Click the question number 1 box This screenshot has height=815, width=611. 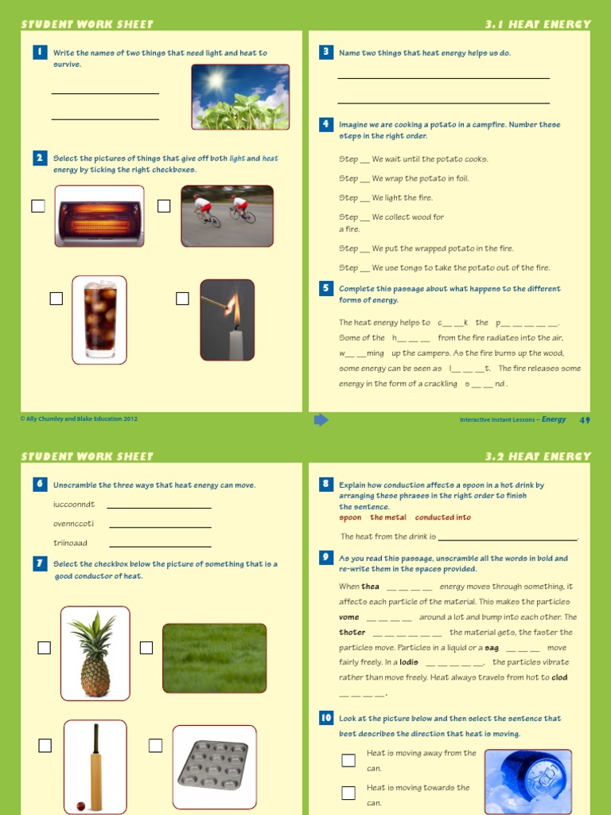[38, 53]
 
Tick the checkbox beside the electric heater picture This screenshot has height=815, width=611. [38, 206]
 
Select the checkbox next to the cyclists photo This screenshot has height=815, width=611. [164, 206]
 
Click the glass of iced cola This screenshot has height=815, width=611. [99, 319]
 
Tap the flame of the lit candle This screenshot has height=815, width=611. [233, 306]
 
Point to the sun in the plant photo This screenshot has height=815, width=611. [216, 80]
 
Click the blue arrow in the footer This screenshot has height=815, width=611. [321, 419]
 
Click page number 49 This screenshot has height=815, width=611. [585, 419]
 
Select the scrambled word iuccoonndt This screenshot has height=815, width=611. [74, 505]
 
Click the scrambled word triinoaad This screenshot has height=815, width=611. [70, 543]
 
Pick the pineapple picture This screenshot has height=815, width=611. [95, 653]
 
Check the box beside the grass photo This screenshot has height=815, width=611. [146, 648]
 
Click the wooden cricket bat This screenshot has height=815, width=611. [95, 765]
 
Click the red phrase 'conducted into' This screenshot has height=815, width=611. [443, 517]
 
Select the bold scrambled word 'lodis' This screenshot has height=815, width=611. [408, 662]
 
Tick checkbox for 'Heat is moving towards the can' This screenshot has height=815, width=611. [348, 793]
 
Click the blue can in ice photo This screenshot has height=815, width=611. [528, 780]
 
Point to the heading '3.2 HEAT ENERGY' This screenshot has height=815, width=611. [538, 457]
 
